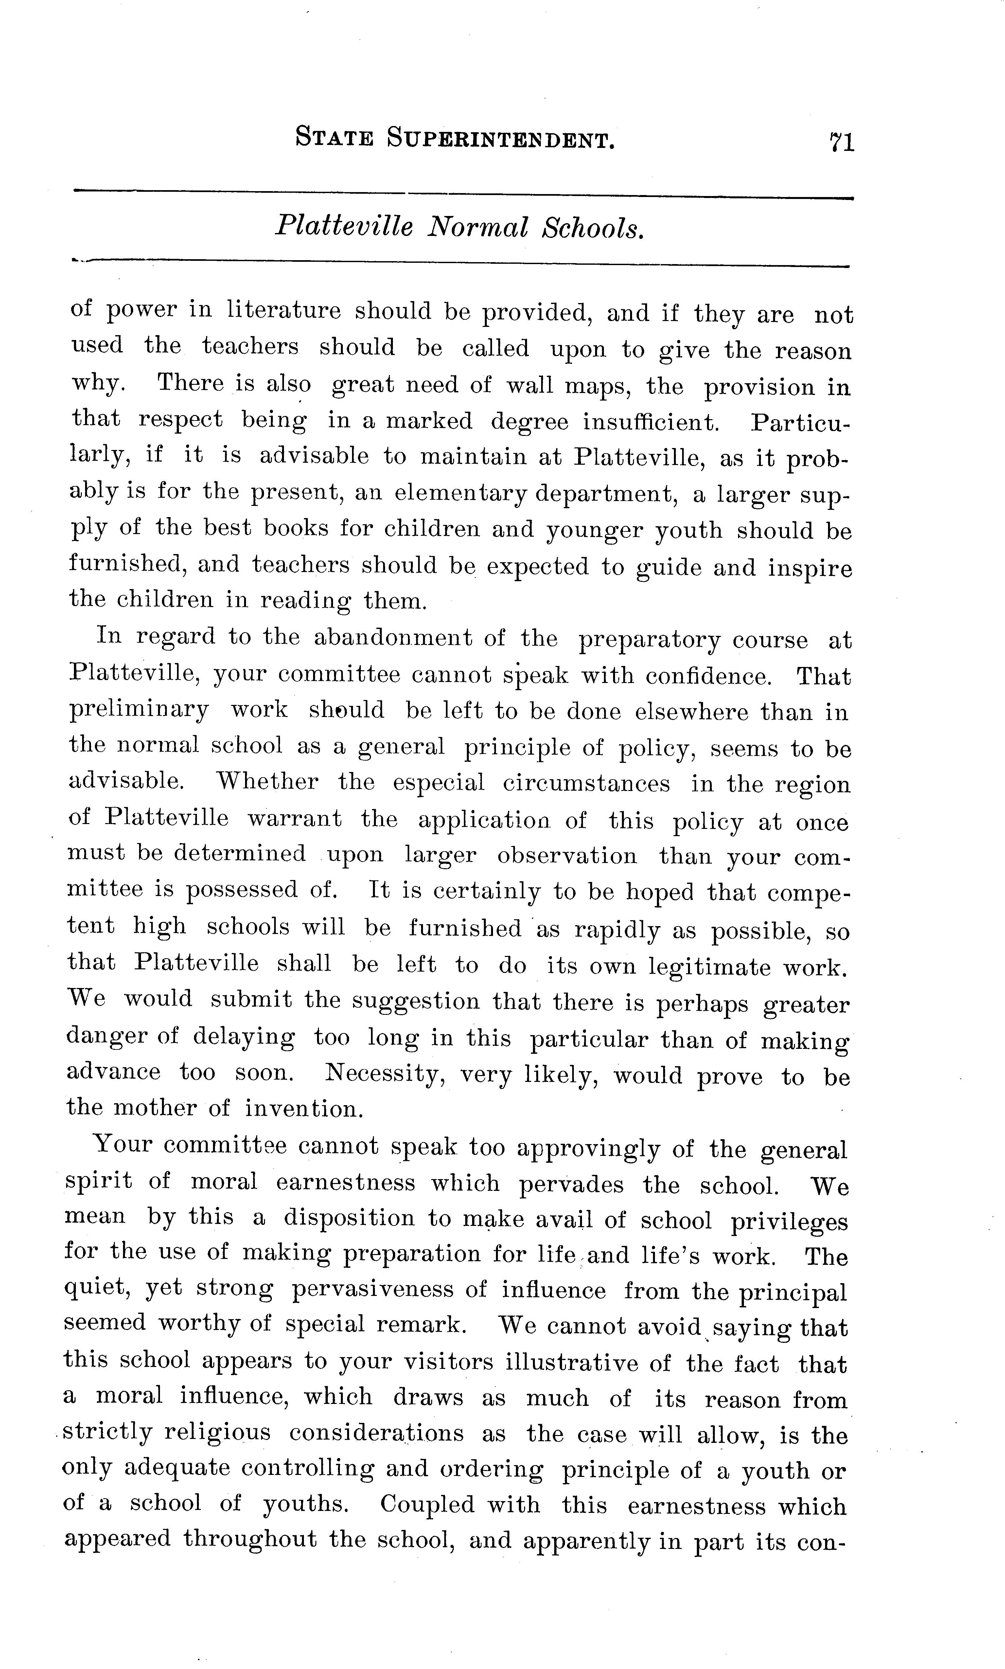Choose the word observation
click(x=567, y=855)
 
